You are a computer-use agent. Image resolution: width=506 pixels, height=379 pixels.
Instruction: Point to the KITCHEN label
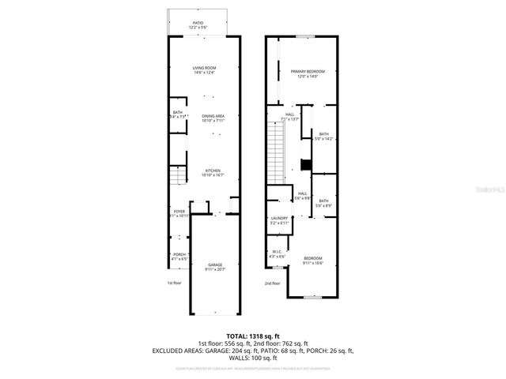[213, 172]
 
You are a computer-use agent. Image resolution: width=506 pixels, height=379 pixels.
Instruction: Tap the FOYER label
[179, 212]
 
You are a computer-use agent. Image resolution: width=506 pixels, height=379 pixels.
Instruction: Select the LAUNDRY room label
[279, 220]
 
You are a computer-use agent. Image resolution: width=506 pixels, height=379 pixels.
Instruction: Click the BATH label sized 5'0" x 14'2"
[323, 137]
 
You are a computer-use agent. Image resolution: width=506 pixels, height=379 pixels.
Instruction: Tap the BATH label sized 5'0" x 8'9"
[323, 203]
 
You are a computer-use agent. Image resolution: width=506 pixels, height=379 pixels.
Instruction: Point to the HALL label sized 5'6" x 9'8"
[301, 196]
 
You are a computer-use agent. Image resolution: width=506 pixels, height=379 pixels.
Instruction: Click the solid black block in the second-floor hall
[305, 165]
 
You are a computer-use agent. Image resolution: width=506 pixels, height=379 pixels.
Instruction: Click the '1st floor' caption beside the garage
[174, 282]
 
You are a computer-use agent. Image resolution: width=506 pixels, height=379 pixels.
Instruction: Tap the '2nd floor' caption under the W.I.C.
[273, 283]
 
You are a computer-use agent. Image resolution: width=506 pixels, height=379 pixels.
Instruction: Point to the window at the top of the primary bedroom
[307, 36]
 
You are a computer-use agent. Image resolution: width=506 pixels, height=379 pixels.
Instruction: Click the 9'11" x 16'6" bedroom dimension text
[313, 264]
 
